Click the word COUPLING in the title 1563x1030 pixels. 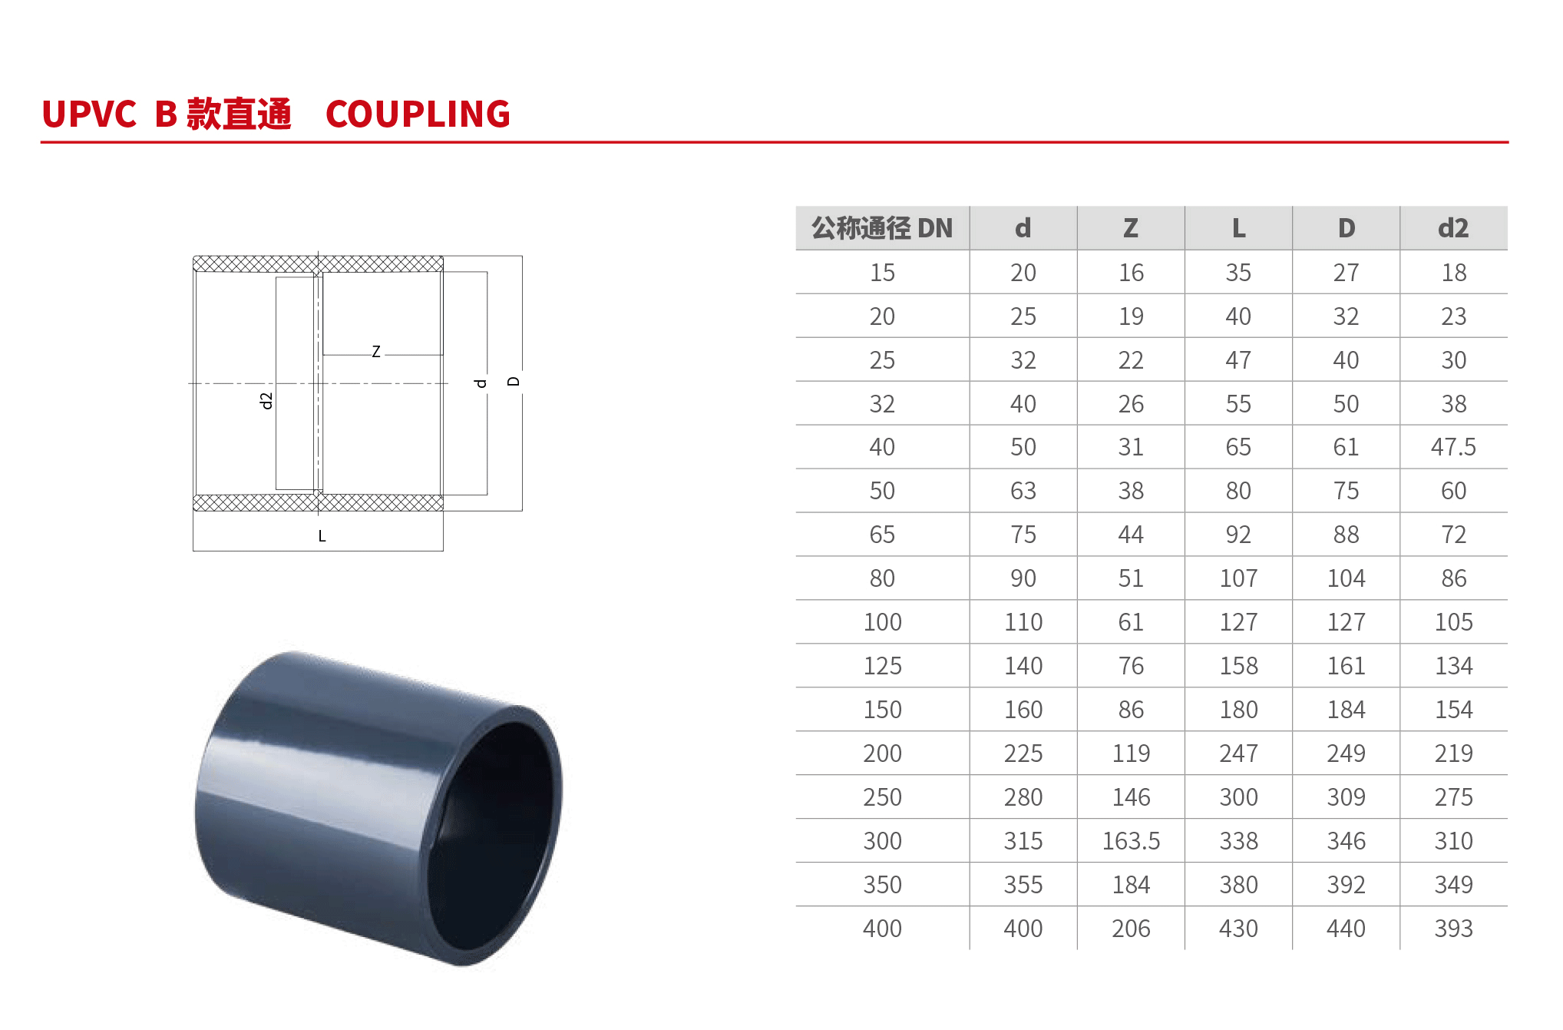[418, 114]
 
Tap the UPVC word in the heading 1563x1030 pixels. [89, 114]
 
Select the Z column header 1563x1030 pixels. [1131, 228]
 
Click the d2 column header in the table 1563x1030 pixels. [1453, 228]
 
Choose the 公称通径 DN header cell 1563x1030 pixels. [882, 228]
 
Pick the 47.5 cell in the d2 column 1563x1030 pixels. [1453, 447]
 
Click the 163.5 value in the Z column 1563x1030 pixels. [1131, 841]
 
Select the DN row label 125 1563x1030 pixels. [882, 666]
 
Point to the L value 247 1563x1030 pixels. [1238, 753]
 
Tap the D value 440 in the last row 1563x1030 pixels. [1346, 929]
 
